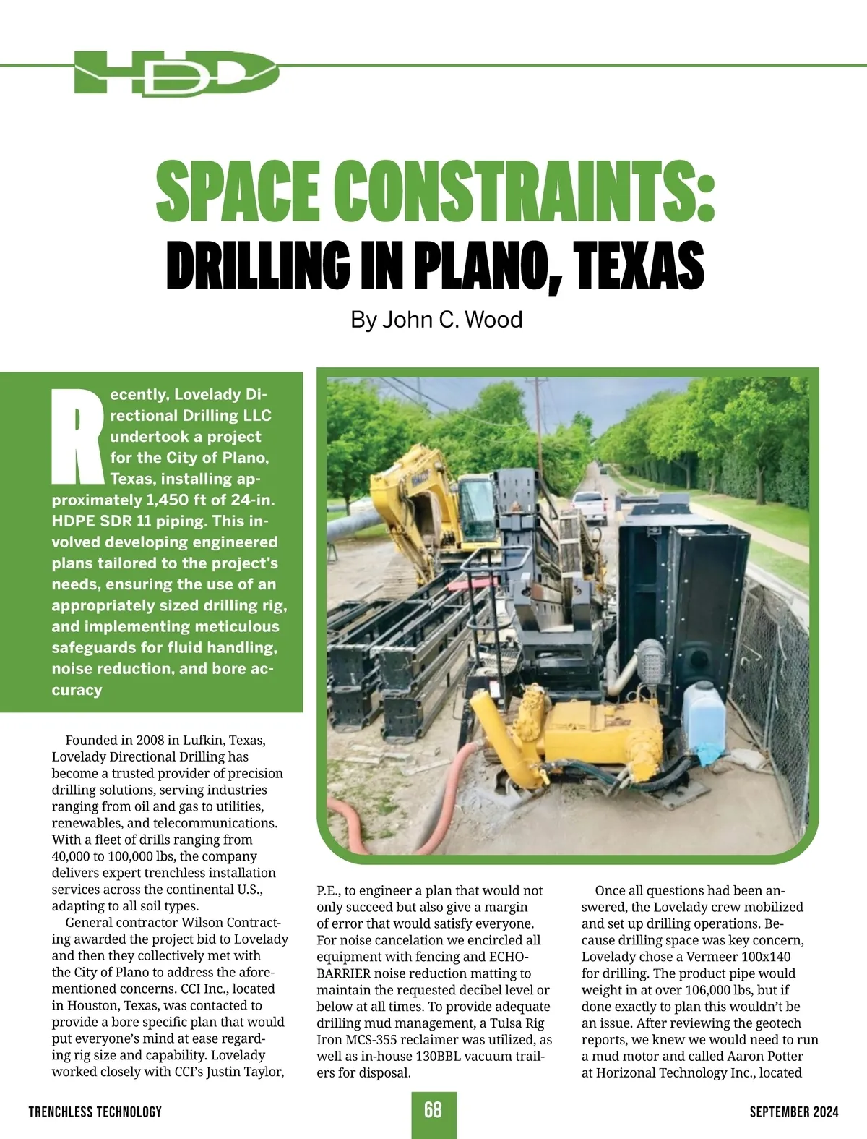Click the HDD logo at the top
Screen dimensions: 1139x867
coord(176,72)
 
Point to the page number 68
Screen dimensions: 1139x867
coord(433,1110)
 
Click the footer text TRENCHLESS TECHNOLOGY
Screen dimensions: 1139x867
coord(95,1112)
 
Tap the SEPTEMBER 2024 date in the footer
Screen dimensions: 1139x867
coord(793,1112)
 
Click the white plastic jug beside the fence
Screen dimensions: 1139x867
coord(704,716)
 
